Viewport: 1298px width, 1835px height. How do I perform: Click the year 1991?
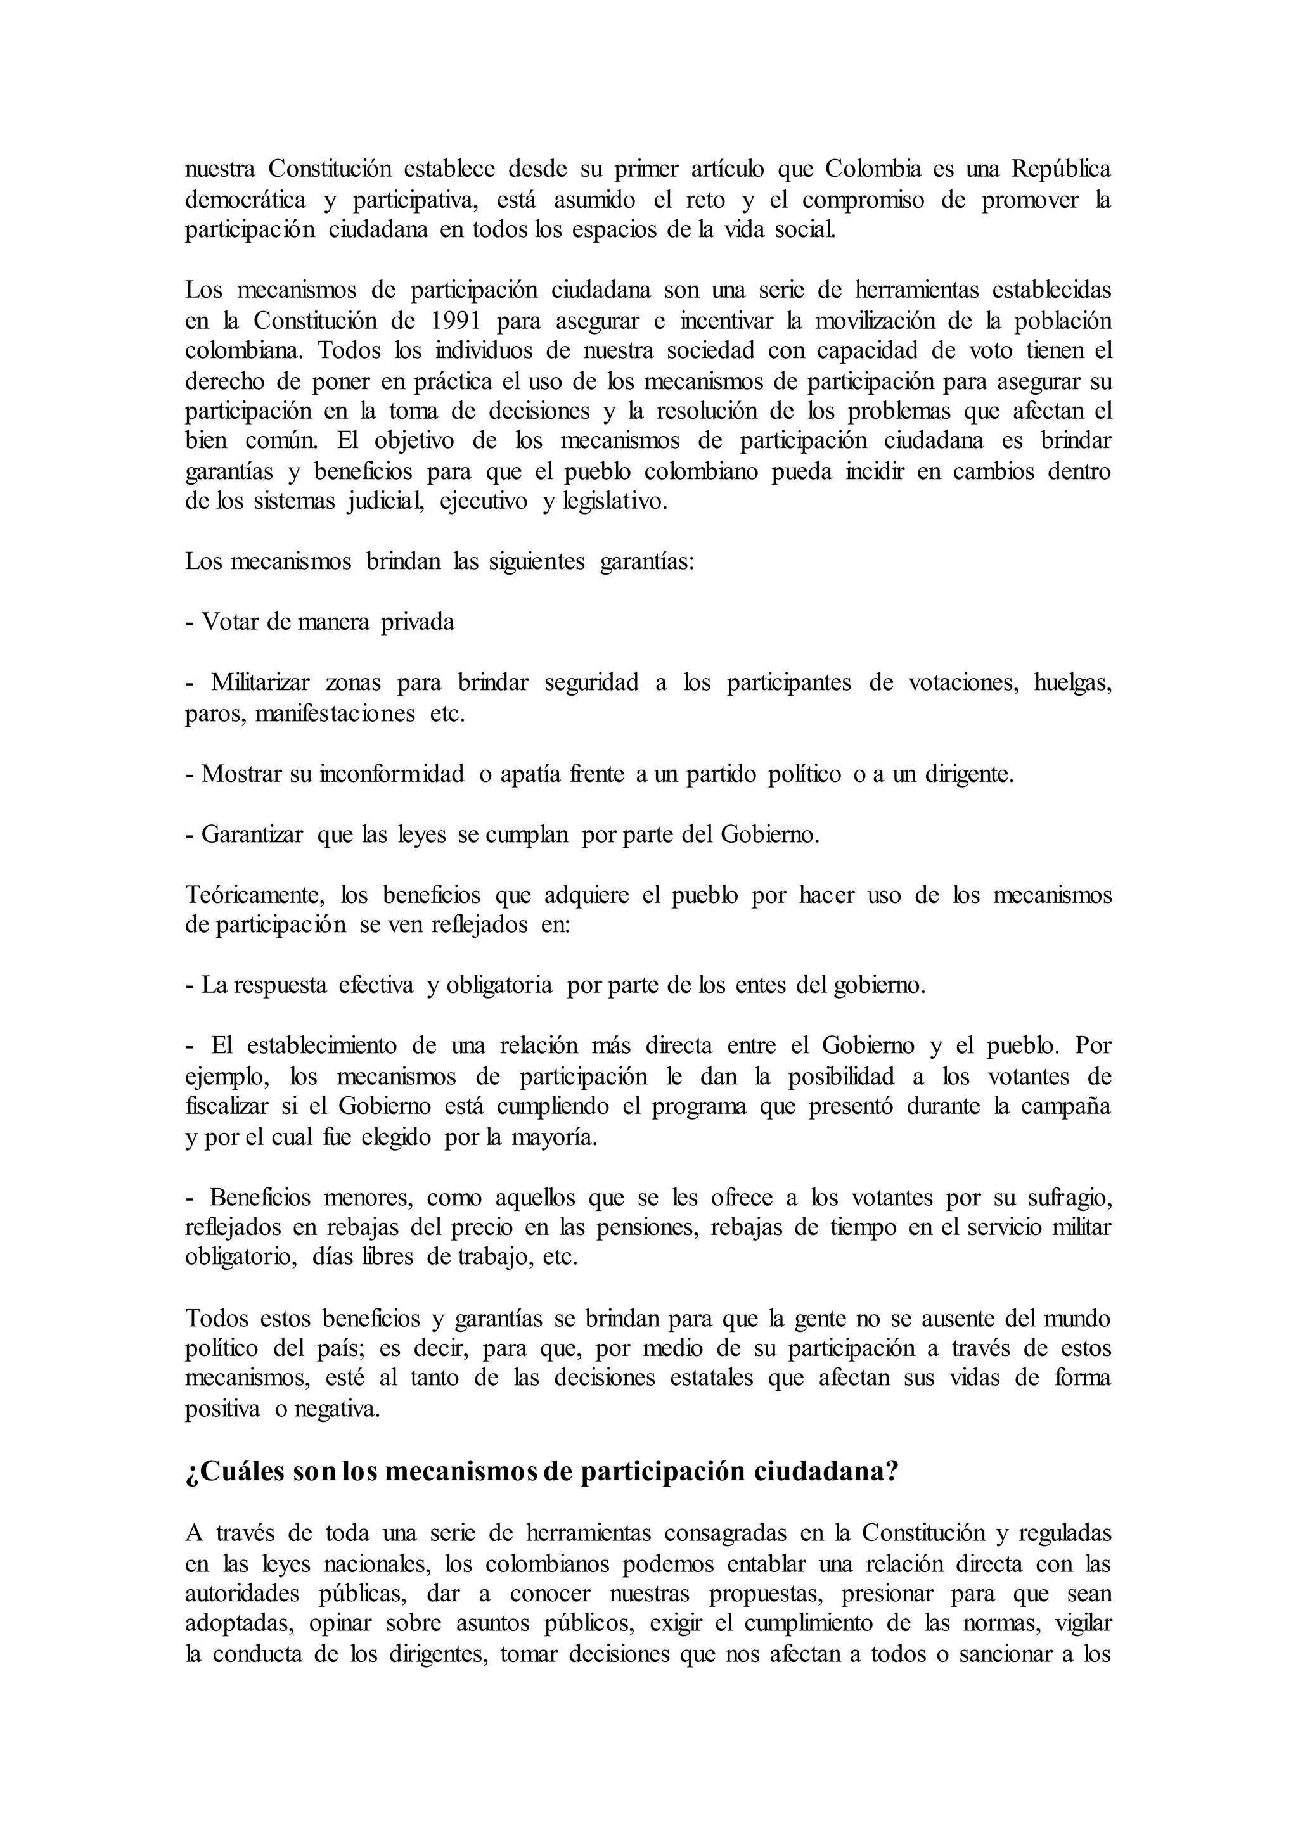pyautogui.click(x=456, y=321)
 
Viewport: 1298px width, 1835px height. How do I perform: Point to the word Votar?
pyautogui.click(x=231, y=622)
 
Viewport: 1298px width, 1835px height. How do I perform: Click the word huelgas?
pyautogui.click(x=1072, y=683)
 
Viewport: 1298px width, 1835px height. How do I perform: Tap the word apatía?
pyautogui.click(x=530, y=774)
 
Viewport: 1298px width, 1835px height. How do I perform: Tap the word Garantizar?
pyautogui.click(x=252, y=834)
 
